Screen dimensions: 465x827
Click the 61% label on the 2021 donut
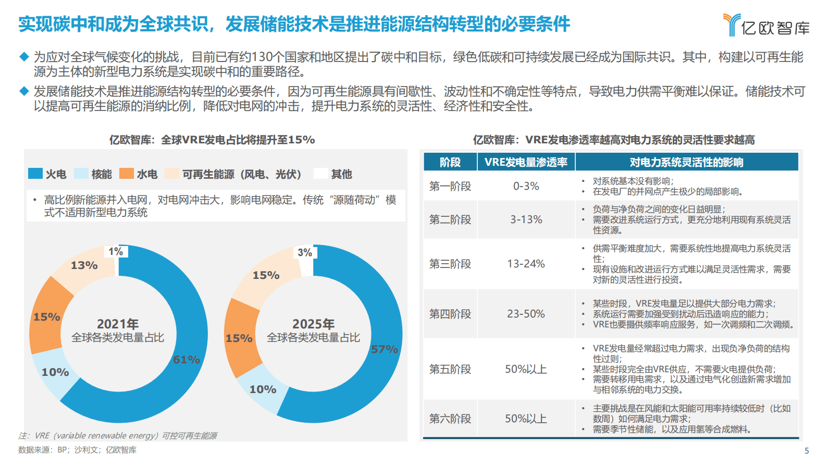pos(187,360)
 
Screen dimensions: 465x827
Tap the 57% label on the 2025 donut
pos(385,349)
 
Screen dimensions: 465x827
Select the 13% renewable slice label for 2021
pos(84,265)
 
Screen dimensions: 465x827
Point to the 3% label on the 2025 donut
pos(305,253)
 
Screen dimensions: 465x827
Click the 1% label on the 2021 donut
pos(116,252)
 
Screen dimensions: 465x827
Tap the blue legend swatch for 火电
pos(35,174)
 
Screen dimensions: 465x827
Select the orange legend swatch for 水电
pos(127,174)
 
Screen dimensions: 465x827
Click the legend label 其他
pos(342,174)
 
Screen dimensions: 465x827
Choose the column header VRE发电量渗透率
pos(526,162)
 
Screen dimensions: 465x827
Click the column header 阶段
pos(450,162)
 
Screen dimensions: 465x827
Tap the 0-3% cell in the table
pos(526,186)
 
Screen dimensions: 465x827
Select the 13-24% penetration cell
pos(526,264)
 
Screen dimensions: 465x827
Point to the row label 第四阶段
pos(450,314)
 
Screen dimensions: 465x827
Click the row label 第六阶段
pos(450,419)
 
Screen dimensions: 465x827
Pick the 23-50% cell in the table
pos(526,314)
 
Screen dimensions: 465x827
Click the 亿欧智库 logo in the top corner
pos(766,25)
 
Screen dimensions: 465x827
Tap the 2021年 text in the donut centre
pos(118,324)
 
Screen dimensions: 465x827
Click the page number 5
pos(807,451)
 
